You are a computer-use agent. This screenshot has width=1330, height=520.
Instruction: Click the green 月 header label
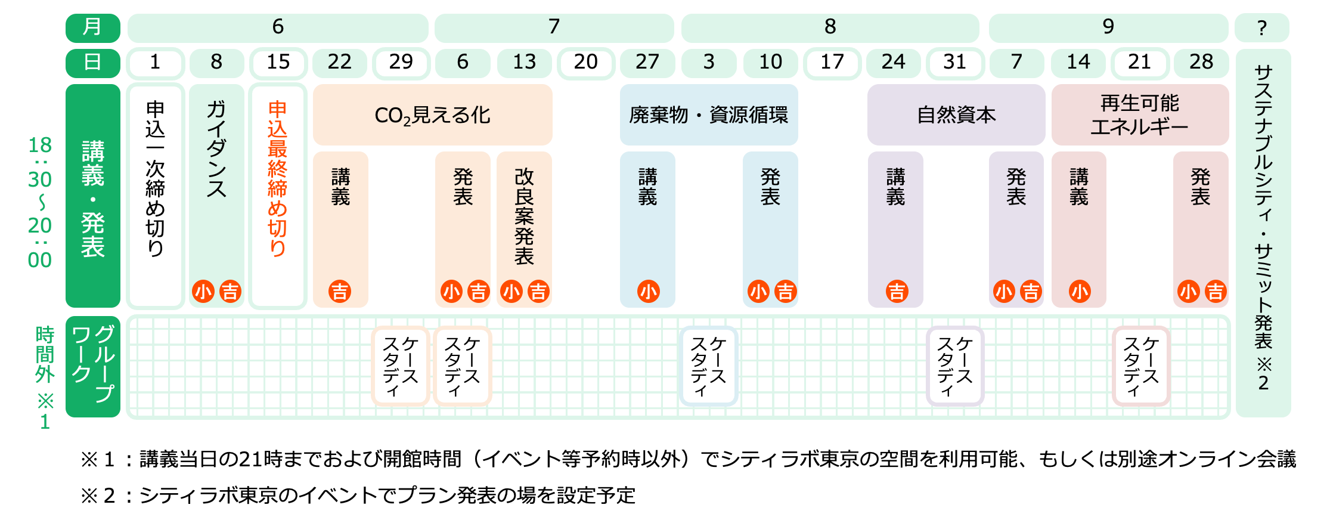pyautogui.click(x=92, y=27)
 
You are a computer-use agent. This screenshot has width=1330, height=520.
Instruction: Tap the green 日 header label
pyautogui.click(x=92, y=63)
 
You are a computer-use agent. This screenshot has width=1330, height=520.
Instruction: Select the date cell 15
pyautogui.click(x=278, y=63)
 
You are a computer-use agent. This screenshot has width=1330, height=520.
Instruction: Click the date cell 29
pyautogui.click(x=401, y=63)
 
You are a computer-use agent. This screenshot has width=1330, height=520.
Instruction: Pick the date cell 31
pyautogui.click(x=954, y=63)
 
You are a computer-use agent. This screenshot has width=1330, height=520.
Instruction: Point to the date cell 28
pyautogui.click(x=1201, y=63)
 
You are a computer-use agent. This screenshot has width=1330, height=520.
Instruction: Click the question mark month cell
pyautogui.click(x=1261, y=27)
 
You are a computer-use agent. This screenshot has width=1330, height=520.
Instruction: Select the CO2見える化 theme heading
pyautogui.click(x=432, y=115)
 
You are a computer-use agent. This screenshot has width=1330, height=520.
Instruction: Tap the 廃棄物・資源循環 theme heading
pyautogui.click(x=708, y=115)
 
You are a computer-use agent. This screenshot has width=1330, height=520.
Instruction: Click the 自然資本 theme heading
pyautogui.click(x=956, y=115)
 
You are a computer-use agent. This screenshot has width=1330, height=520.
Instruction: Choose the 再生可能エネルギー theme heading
pyautogui.click(x=1139, y=115)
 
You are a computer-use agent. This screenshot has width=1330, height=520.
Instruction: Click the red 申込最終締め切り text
pyautogui.click(x=278, y=179)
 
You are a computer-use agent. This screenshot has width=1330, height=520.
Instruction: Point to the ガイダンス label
pyautogui.click(x=216, y=149)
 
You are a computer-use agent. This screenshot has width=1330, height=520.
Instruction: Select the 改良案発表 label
pyautogui.click(x=524, y=216)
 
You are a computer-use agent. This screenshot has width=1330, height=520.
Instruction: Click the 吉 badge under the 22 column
pyautogui.click(x=340, y=292)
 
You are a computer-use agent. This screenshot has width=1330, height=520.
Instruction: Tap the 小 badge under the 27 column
pyautogui.click(x=648, y=292)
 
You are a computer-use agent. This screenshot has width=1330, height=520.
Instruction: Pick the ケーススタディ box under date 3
pyautogui.click(x=708, y=366)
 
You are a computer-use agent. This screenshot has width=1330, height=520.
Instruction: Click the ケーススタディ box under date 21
pyautogui.click(x=1140, y=366)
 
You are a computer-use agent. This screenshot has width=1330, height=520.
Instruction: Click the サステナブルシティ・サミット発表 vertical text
pyautogui.click(x=1263, y=227)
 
